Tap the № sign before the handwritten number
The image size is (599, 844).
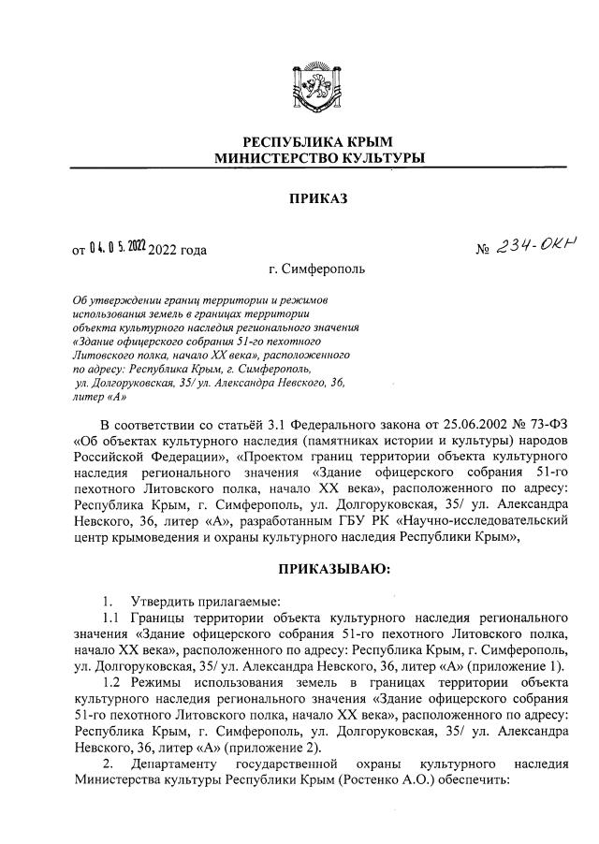[x=484, y=251]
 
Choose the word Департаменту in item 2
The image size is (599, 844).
[x=178, y=764]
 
